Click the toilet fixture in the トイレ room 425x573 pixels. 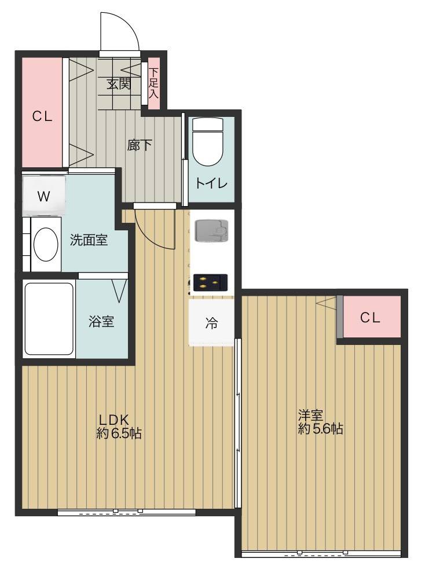207,141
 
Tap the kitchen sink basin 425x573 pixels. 211,230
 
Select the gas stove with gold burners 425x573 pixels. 210,282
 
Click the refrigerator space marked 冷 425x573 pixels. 211,323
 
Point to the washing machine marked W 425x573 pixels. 44,196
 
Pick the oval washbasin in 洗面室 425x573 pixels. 46,244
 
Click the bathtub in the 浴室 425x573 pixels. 49,319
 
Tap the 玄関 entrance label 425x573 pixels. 118,84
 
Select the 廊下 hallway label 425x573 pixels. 139,145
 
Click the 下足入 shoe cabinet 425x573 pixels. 154,83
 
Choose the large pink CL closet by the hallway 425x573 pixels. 42,112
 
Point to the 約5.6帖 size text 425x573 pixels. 320,429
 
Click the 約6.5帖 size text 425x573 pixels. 119,433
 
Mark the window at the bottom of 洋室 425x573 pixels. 321,553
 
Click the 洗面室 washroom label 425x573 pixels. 89,240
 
